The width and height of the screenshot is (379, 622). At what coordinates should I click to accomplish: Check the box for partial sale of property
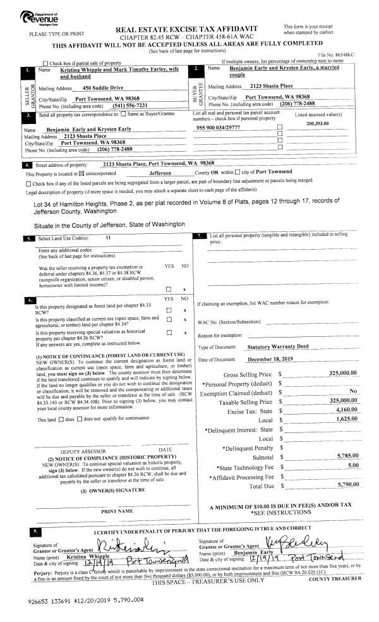point(45,63)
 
